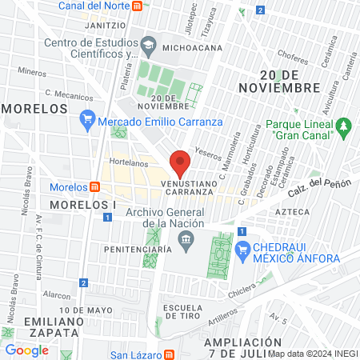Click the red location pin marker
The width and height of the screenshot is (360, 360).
tap(181, 163)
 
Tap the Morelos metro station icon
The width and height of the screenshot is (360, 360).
tap(95, 187)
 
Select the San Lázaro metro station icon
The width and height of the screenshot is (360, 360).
tap(170, 355)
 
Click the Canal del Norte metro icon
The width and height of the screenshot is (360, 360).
tap(138, 6)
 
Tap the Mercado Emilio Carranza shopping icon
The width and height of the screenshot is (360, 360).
tap(87, 122)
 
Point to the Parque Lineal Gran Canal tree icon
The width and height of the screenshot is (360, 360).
tap(344, 126)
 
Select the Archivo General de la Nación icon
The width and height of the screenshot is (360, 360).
tap(186, 239)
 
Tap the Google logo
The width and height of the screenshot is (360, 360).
tap(26, 350)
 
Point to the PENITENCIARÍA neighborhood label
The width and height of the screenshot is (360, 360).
tap(138, 250)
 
